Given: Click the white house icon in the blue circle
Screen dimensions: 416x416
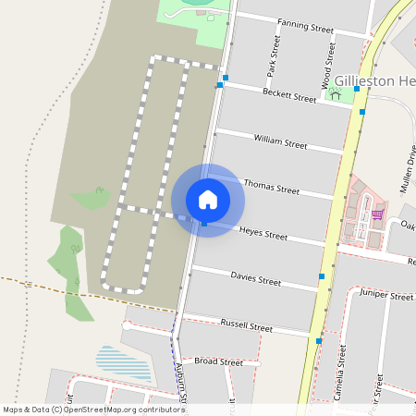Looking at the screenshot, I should pos(208,200).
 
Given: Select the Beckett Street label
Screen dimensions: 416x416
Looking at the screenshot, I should pos(288,95).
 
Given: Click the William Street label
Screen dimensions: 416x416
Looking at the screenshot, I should pos(280,142).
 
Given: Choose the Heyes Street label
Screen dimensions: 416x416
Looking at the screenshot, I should pos(263,234).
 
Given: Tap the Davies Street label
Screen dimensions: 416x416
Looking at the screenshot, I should pos(255,279).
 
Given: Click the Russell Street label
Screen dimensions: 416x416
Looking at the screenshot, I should pos(247,326).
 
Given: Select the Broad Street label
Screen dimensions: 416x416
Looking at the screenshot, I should pos(218,362).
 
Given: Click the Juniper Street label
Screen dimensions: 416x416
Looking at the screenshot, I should pos(386,297).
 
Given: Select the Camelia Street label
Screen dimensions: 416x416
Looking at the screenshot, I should pos(342,374).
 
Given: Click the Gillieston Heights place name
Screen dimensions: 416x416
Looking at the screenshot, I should pos(375,81).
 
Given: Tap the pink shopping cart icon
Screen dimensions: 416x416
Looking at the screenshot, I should pos(377,215).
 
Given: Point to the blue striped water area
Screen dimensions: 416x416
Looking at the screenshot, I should pos(123,362).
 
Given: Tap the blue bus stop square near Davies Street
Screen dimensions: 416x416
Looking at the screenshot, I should pos(322,275).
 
